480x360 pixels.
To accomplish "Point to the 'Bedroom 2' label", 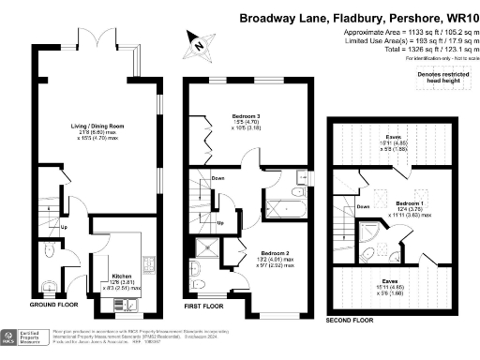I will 273,253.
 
